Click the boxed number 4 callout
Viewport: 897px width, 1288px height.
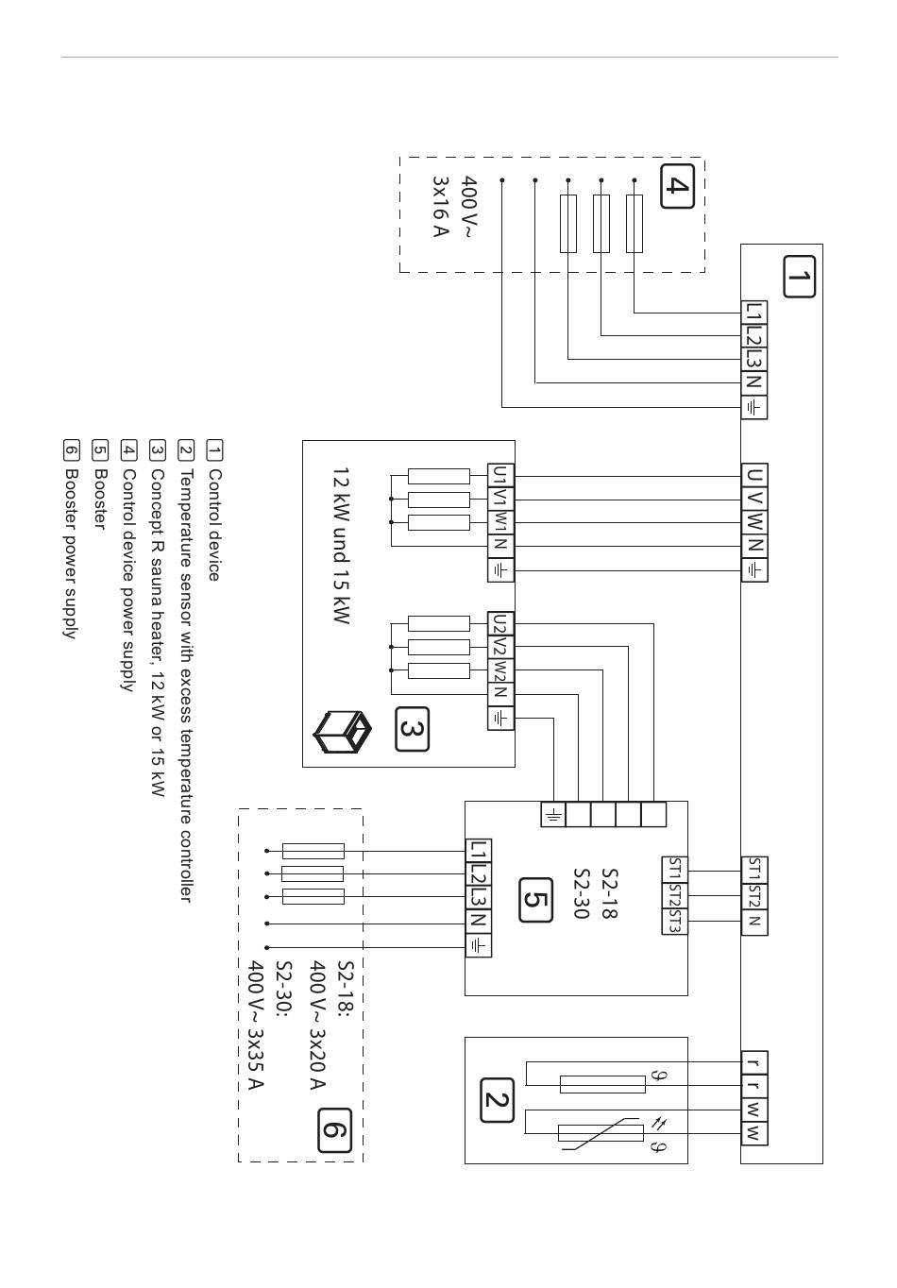[x=677, y=186]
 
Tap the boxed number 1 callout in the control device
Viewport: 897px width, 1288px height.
[x=799, y=277]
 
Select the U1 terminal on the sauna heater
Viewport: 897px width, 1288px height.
[x=500, y=475]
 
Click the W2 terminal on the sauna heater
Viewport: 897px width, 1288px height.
[x=500, y=670]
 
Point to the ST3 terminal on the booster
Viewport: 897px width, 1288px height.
[x=674, y=922]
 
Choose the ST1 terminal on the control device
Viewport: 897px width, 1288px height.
[x=753, y=870]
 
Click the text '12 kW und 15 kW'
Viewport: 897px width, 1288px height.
[x=341, y=546]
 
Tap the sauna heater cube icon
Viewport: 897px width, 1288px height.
[x=342, y=732]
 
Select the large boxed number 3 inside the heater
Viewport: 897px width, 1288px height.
[x=412, y=729]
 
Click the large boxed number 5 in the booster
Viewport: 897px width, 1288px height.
[x=535, y=901]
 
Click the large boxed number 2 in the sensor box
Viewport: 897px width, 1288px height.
[x=497, y=1100]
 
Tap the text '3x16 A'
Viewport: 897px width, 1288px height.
[x=440, y=207]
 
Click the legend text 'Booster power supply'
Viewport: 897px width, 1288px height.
[x=70, y=553]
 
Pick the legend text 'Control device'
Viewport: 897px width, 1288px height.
[x=214, y=525]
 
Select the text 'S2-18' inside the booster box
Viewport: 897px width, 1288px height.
[x=609, y=893]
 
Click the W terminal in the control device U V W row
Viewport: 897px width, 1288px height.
[x=753, y=522]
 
